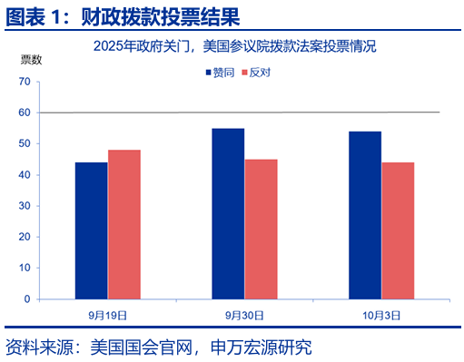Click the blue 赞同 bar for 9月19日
coord(91,230)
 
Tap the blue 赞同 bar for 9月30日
coord(227,213)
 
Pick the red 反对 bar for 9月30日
coord(261,229)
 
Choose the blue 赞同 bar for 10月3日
coord(364,215)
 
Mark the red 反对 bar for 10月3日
coord(398,230)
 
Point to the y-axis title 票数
coord(31,60)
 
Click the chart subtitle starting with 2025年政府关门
coord(233,45)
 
